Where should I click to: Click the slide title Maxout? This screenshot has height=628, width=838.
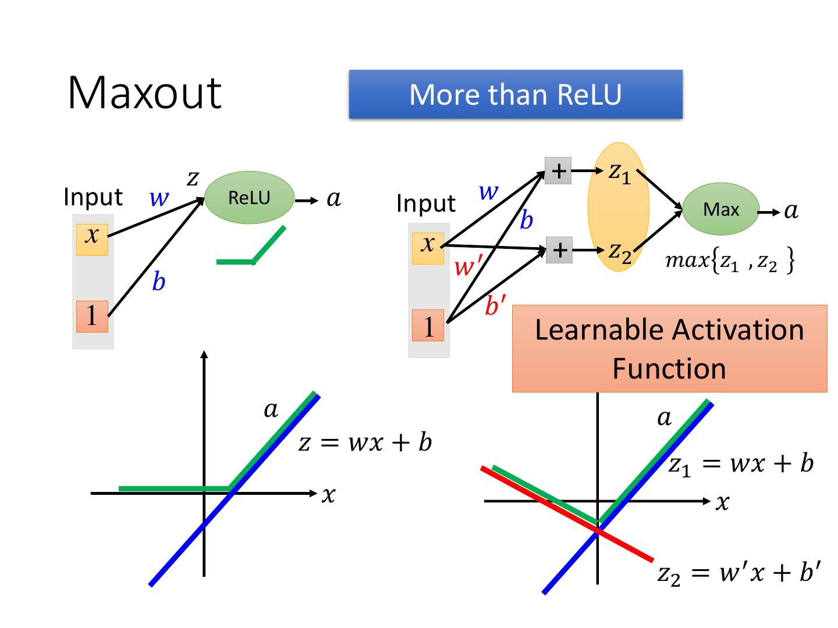(144, 92)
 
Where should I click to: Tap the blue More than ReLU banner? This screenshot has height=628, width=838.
(516, 95)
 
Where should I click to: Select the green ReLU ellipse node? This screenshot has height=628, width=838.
(250, 198)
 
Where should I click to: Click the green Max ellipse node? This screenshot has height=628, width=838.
(720, 209)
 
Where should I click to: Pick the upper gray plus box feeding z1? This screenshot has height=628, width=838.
(558, 171)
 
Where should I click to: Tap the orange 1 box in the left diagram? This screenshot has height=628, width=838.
(92, 316)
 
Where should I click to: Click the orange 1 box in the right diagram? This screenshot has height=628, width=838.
(428, 326)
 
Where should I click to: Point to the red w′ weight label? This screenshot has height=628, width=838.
(466, 267)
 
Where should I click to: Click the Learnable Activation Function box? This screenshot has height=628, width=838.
(669, 348)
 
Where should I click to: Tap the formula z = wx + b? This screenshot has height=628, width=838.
(365, 443)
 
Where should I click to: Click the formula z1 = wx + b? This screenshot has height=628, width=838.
(741, 465)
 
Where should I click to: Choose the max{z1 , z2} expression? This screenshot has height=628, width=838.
(730, 262)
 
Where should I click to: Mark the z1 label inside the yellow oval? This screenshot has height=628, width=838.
(619, 173)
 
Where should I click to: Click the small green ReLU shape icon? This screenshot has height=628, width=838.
(251, 247)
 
